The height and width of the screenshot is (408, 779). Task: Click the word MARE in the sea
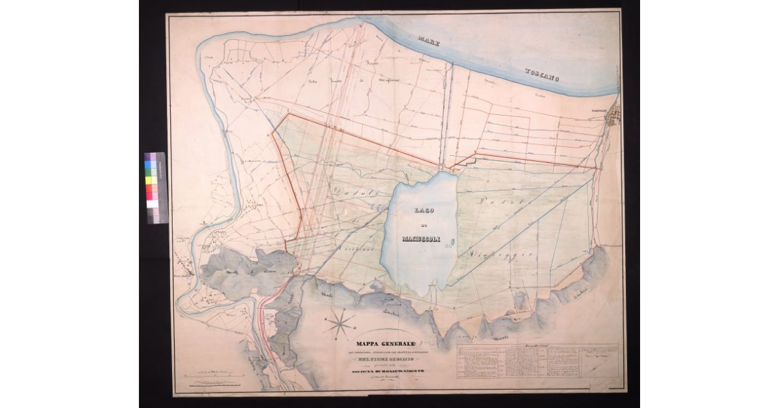[428, 42]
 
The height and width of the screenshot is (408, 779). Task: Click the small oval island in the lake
[452, 244]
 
